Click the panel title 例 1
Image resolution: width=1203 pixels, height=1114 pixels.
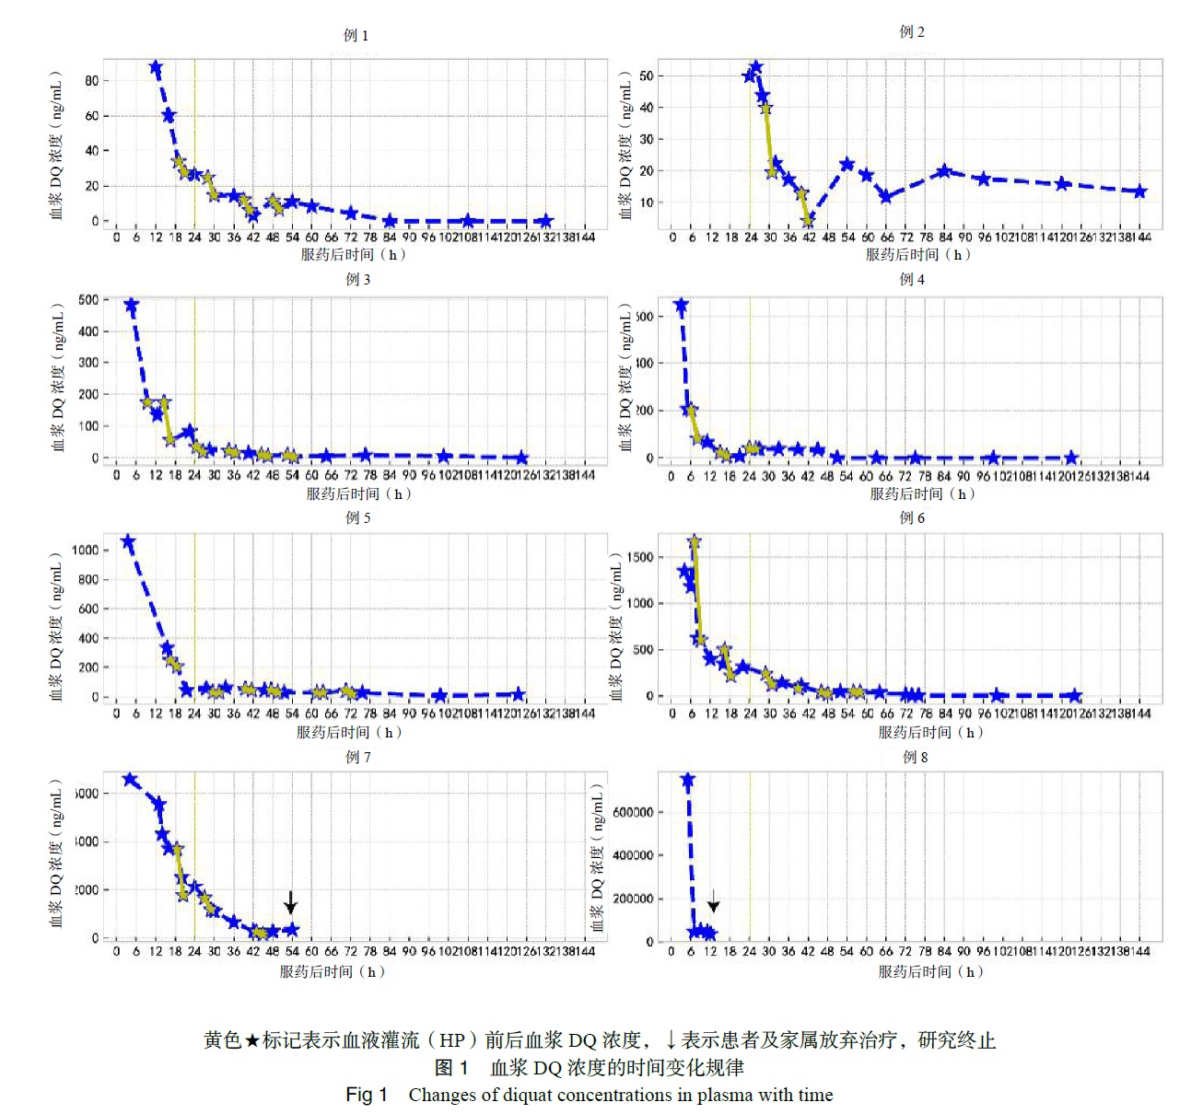click(356, 35)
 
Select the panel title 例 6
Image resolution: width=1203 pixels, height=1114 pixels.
click(912, 517)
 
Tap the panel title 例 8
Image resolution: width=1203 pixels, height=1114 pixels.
click(915, 757)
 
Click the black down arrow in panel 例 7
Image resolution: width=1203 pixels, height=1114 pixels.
click(291, 901)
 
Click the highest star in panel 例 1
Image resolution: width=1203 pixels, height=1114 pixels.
click(156, 68)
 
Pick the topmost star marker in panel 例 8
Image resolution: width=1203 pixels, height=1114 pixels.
click(687, 781)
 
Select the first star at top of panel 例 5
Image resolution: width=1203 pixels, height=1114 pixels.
click(129, 542)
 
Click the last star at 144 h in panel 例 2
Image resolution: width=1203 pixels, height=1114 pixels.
click(1140, 191)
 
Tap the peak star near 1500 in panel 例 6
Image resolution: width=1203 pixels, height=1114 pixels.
click(695, 542)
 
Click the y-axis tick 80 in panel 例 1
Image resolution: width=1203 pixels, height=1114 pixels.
click(91, 81)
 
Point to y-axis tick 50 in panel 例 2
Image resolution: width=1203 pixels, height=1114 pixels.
click(646, 75)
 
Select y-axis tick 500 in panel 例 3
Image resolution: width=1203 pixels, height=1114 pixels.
click(88, 299)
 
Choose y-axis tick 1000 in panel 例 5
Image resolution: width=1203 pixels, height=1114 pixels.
click(85, 550)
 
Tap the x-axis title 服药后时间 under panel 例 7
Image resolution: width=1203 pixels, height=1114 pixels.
click(333, 971)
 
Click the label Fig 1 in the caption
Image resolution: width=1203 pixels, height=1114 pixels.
click(366, 1095)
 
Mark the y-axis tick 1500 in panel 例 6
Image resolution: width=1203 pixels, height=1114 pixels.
click(639, 557)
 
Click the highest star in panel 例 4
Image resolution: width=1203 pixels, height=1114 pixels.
click(681, 306)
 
